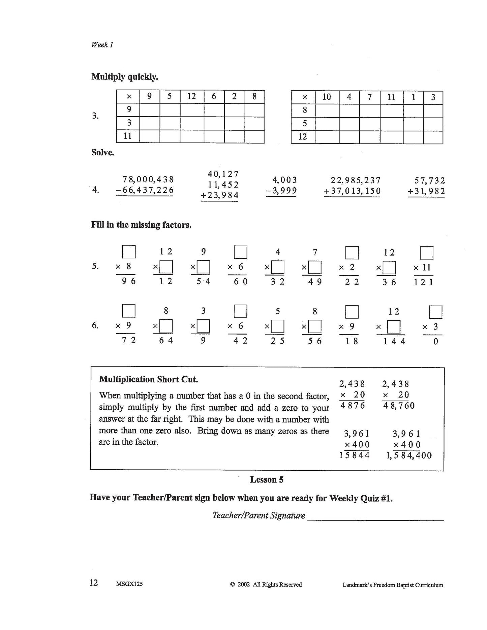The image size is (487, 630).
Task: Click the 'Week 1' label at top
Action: (x=102, y=44)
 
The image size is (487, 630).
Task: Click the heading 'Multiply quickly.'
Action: (x=124, y=77)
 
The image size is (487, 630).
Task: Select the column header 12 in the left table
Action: (x=191, y=97)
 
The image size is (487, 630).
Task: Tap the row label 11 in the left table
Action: (x=128, y=136)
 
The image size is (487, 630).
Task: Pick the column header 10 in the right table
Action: (x=327, y=97)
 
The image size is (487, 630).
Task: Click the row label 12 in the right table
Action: (x=303, y=137)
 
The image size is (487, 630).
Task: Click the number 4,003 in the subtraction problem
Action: (x=284, y=180)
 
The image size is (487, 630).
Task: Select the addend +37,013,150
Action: (x=353, y=191)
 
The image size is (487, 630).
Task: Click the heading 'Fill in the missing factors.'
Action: (x=141, y=225)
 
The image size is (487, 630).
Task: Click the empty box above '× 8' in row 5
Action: (x=129, y=252)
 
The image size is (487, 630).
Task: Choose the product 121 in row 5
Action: (x=423, y=282)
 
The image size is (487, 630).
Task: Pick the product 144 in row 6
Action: (x=394, y=341)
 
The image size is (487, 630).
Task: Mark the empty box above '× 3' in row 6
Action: (x=435, y=312)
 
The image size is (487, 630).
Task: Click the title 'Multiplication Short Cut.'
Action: (x=148, y=379)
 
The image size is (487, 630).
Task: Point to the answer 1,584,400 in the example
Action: (x=409, y=455)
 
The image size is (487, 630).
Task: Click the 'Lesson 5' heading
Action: (x=267, y=479)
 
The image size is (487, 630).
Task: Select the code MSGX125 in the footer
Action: (x=129, y=584)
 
